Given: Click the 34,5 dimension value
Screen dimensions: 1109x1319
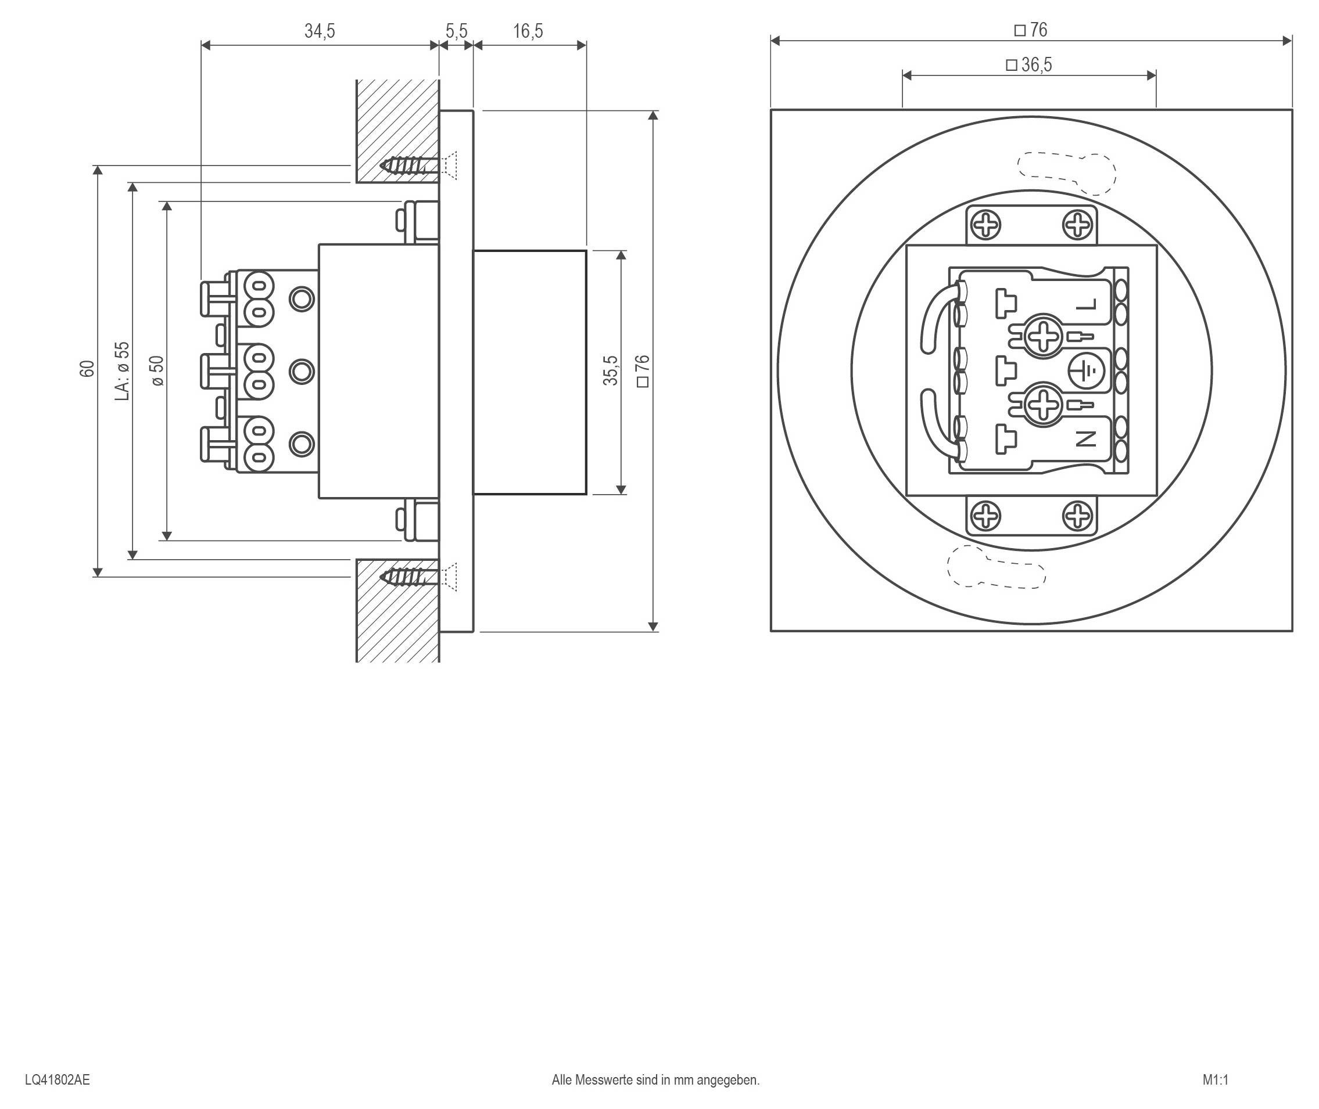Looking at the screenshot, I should point(320,31).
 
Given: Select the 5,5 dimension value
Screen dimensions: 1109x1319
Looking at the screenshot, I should point(456,31).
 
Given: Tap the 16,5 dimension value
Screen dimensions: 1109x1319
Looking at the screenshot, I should point(528,31).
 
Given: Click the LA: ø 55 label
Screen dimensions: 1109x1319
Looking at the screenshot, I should point(123,371).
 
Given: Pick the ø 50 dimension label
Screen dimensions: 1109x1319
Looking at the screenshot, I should point(157,371).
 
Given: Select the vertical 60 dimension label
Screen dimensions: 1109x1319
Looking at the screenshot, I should point(87,369).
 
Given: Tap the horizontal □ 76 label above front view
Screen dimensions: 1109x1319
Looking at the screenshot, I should point(1031,30).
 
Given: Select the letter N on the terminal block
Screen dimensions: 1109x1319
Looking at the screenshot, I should point(1086,439).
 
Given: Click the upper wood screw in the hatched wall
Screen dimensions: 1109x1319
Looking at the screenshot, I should point(409,166).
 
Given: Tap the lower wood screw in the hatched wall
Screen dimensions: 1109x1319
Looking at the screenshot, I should point(409,577).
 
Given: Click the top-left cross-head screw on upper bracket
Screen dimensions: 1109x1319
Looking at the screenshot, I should point(985,225).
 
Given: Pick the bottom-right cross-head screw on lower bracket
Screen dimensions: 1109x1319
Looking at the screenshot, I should point(1077,516).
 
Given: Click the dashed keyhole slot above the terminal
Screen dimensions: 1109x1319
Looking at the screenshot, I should point(1066,172).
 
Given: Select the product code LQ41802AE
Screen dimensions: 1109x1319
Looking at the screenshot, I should point(58,1079).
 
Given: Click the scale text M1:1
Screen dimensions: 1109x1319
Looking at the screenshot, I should point(1215,1079).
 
